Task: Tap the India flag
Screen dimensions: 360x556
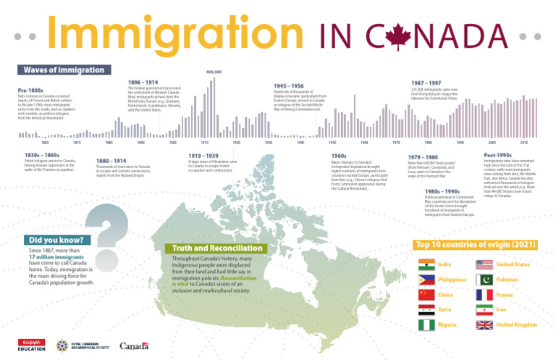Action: coord(426,264)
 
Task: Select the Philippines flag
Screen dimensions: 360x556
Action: coord(426,280)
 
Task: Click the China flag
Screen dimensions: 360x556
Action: coord(426,295)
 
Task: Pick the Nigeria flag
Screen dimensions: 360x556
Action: coord(426,325)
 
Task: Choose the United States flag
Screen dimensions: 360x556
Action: coord(484,264)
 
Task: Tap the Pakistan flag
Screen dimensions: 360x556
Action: coord(484,280)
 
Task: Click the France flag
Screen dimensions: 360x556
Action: coord(484,295)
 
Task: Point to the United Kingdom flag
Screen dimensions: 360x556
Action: coord(484,325)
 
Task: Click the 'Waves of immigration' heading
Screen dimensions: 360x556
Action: coord(64,70)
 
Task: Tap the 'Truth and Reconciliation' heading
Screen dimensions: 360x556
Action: coord(215,248)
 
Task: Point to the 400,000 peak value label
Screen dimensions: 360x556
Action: coord(214,72)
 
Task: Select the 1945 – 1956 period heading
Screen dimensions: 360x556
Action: coord(288,85)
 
